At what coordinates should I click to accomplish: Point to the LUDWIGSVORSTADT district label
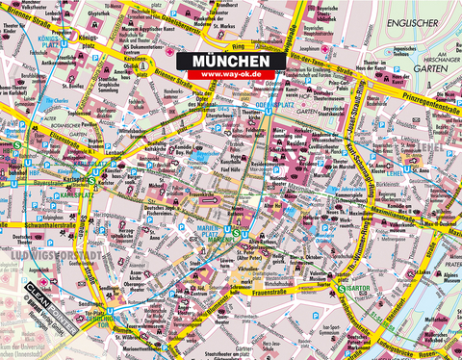click(x=38, y=255)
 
